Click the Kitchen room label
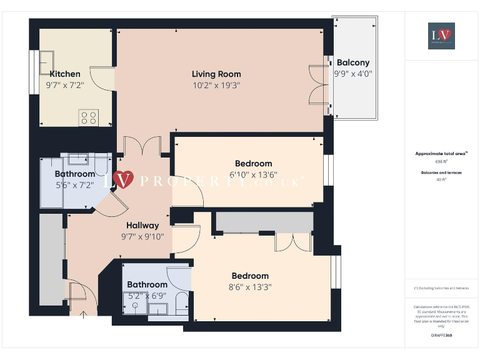[65, 74]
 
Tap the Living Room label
[216, 74]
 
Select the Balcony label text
[353, 62]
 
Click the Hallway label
[142, 225]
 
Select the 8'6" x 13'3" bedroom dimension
[250, 287]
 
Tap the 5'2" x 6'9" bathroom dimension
[147, 296]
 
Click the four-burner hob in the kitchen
[89, 117]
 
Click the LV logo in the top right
[441, 36]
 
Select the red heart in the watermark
[124, 180]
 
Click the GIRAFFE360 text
[441, 336]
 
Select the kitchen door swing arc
[100, 78]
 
